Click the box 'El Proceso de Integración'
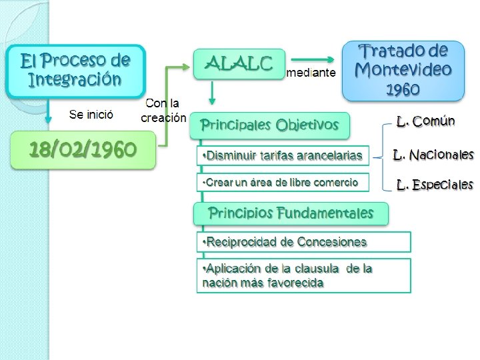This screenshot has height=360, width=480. (75, 70)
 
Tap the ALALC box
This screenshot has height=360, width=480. (239, 63)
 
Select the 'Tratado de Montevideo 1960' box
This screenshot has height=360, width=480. (403, 70)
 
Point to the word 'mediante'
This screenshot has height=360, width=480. (311, 73)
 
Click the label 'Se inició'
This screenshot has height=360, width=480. (91, 114)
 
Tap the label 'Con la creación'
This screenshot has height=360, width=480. (163, 111)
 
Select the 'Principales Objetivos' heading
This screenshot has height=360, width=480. (270, 124)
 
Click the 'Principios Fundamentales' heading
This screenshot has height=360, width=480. (290, 213)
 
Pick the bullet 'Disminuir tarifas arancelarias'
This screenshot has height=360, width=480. (283, 156)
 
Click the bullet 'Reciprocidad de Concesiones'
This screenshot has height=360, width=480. (303, 241)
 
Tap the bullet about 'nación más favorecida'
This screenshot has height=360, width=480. (303, 275)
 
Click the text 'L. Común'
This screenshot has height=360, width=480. (425, 121)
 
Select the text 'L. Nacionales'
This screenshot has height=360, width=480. (433, 155)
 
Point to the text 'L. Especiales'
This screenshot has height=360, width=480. (435, 185)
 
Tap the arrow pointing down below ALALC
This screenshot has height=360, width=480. (212, 93)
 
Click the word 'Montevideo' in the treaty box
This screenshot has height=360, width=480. (403, 69)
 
